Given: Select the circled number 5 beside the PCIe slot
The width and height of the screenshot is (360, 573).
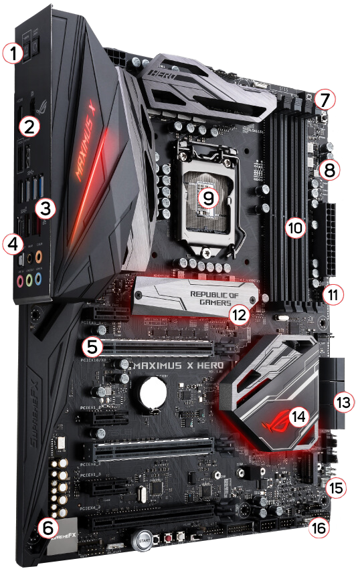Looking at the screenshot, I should [x=93, y=346].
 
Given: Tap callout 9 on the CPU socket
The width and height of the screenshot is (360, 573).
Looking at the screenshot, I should [x=209, y=197].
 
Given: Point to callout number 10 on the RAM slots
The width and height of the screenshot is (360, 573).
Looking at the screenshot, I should [x=294, y=227].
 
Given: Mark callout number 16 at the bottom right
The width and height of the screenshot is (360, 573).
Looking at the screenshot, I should [x=321, y=528].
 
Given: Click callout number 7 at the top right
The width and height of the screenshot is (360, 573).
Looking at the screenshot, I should [x=324, y=100].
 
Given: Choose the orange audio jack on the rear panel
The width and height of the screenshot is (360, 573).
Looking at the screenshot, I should [x=40, y=257].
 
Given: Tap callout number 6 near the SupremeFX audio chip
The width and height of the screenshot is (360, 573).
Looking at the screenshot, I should [x=46, y=527].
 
